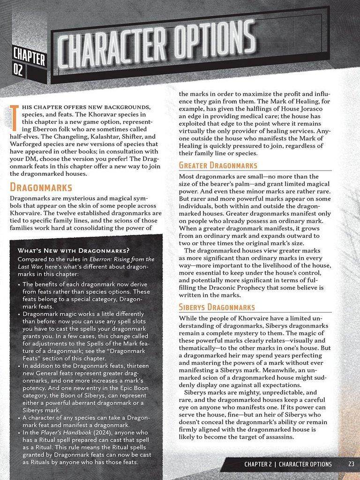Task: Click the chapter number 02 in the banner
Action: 18,71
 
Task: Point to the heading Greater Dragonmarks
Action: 218,165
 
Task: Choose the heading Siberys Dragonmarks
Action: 217,307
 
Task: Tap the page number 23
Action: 351,464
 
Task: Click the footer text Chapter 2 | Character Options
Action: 288,464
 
